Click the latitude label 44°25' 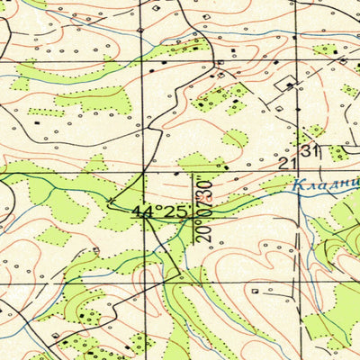coord(162,212)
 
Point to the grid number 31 coord(311,150)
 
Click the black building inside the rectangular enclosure coord(290,85)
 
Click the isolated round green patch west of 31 coord(235,138)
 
